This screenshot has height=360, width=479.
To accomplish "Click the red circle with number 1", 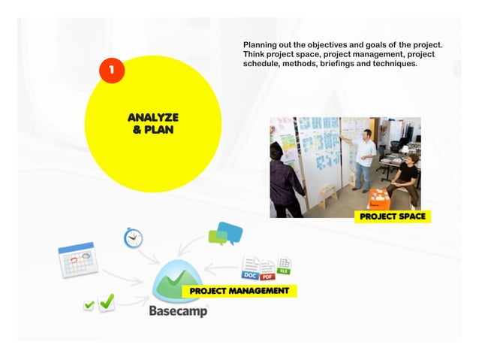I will (110, 71).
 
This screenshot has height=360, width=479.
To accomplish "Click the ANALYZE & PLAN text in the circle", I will (153, 123).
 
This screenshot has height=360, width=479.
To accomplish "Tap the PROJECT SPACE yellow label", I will (392, 216).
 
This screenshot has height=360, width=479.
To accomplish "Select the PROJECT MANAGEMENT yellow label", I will (239, 290).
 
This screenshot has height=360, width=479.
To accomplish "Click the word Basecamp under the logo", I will (178, 310).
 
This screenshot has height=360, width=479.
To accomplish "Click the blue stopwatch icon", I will (132, 237).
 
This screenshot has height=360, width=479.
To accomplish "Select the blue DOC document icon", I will (250, 269).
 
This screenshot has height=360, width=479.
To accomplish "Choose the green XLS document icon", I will (284, 265).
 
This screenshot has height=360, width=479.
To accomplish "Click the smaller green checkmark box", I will (89, 305).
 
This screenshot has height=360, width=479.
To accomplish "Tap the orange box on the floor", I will (378, 199).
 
